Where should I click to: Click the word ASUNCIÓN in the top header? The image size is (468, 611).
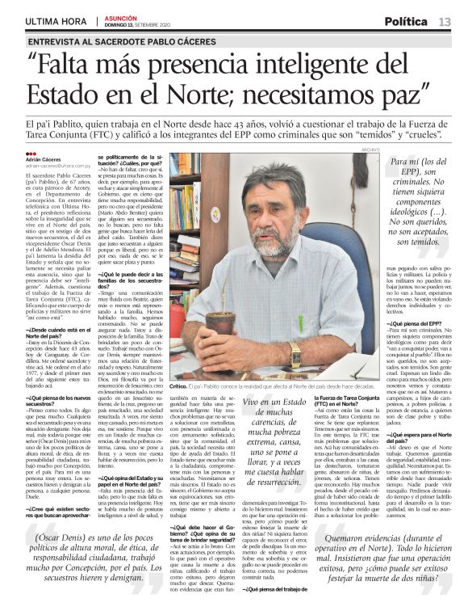click(x=119, y=18)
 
